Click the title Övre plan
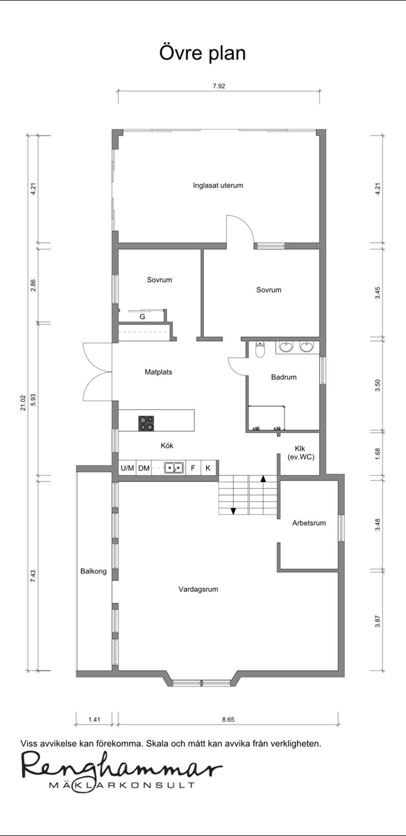pyautogui.click(x=202, y=53)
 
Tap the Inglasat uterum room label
pyautogui.click(x=218, y=186)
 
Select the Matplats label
pyautogui.click(x=159, y=372)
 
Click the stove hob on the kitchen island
pyautogui.click(x=146, y=423)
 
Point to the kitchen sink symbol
pyautogui.click(x=174, y=467)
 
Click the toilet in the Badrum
pyautogui.click(x=260, y=349)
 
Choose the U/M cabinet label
pyautogui.click(x=128, y=468)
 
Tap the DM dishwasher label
pyautogui.click(x=144, y=468)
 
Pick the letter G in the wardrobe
pyautogui.click(x=142, y=317)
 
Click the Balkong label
pyautogui.click(x=93, y=571)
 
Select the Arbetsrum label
pyautogui.click(x=309, y=523)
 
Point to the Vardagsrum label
pyautogui.click(x=198, y=589)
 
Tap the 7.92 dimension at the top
pyautogui.click(x=219, y=86)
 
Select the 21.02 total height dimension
pyautogui.click(x=23, y=403)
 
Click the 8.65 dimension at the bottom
pyautogui.click(x=228, y=720)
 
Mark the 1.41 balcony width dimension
pyautogui.click(x=94, y=720)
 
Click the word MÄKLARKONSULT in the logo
pyautogui.click(x=122, y=785)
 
